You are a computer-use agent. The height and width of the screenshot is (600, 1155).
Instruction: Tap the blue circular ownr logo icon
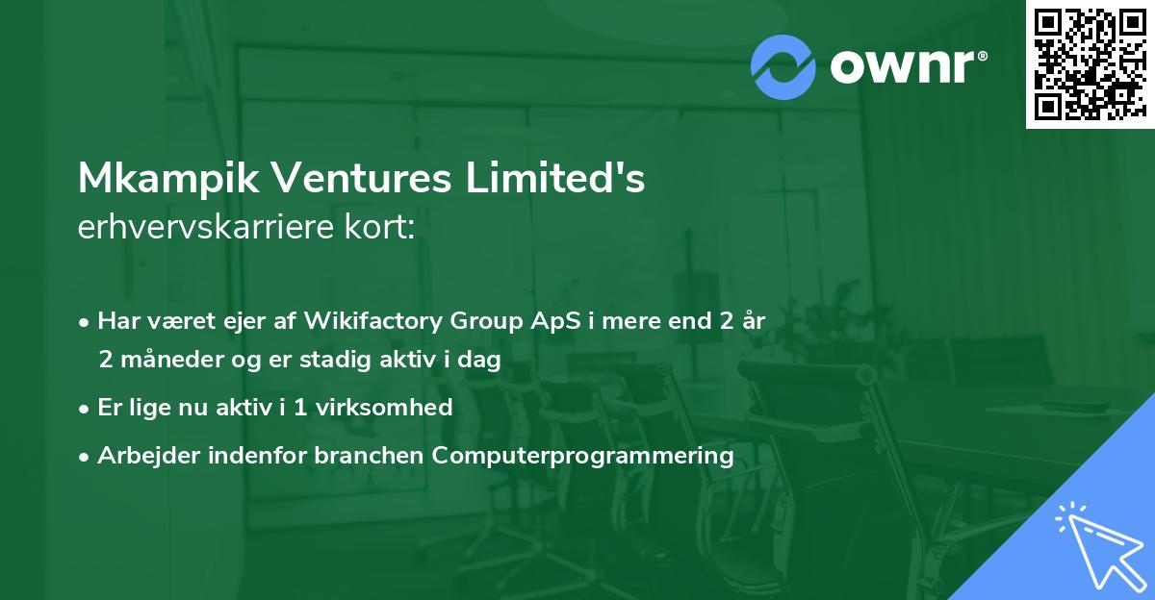783,66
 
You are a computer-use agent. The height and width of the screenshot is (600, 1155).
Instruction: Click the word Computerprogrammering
583,455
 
